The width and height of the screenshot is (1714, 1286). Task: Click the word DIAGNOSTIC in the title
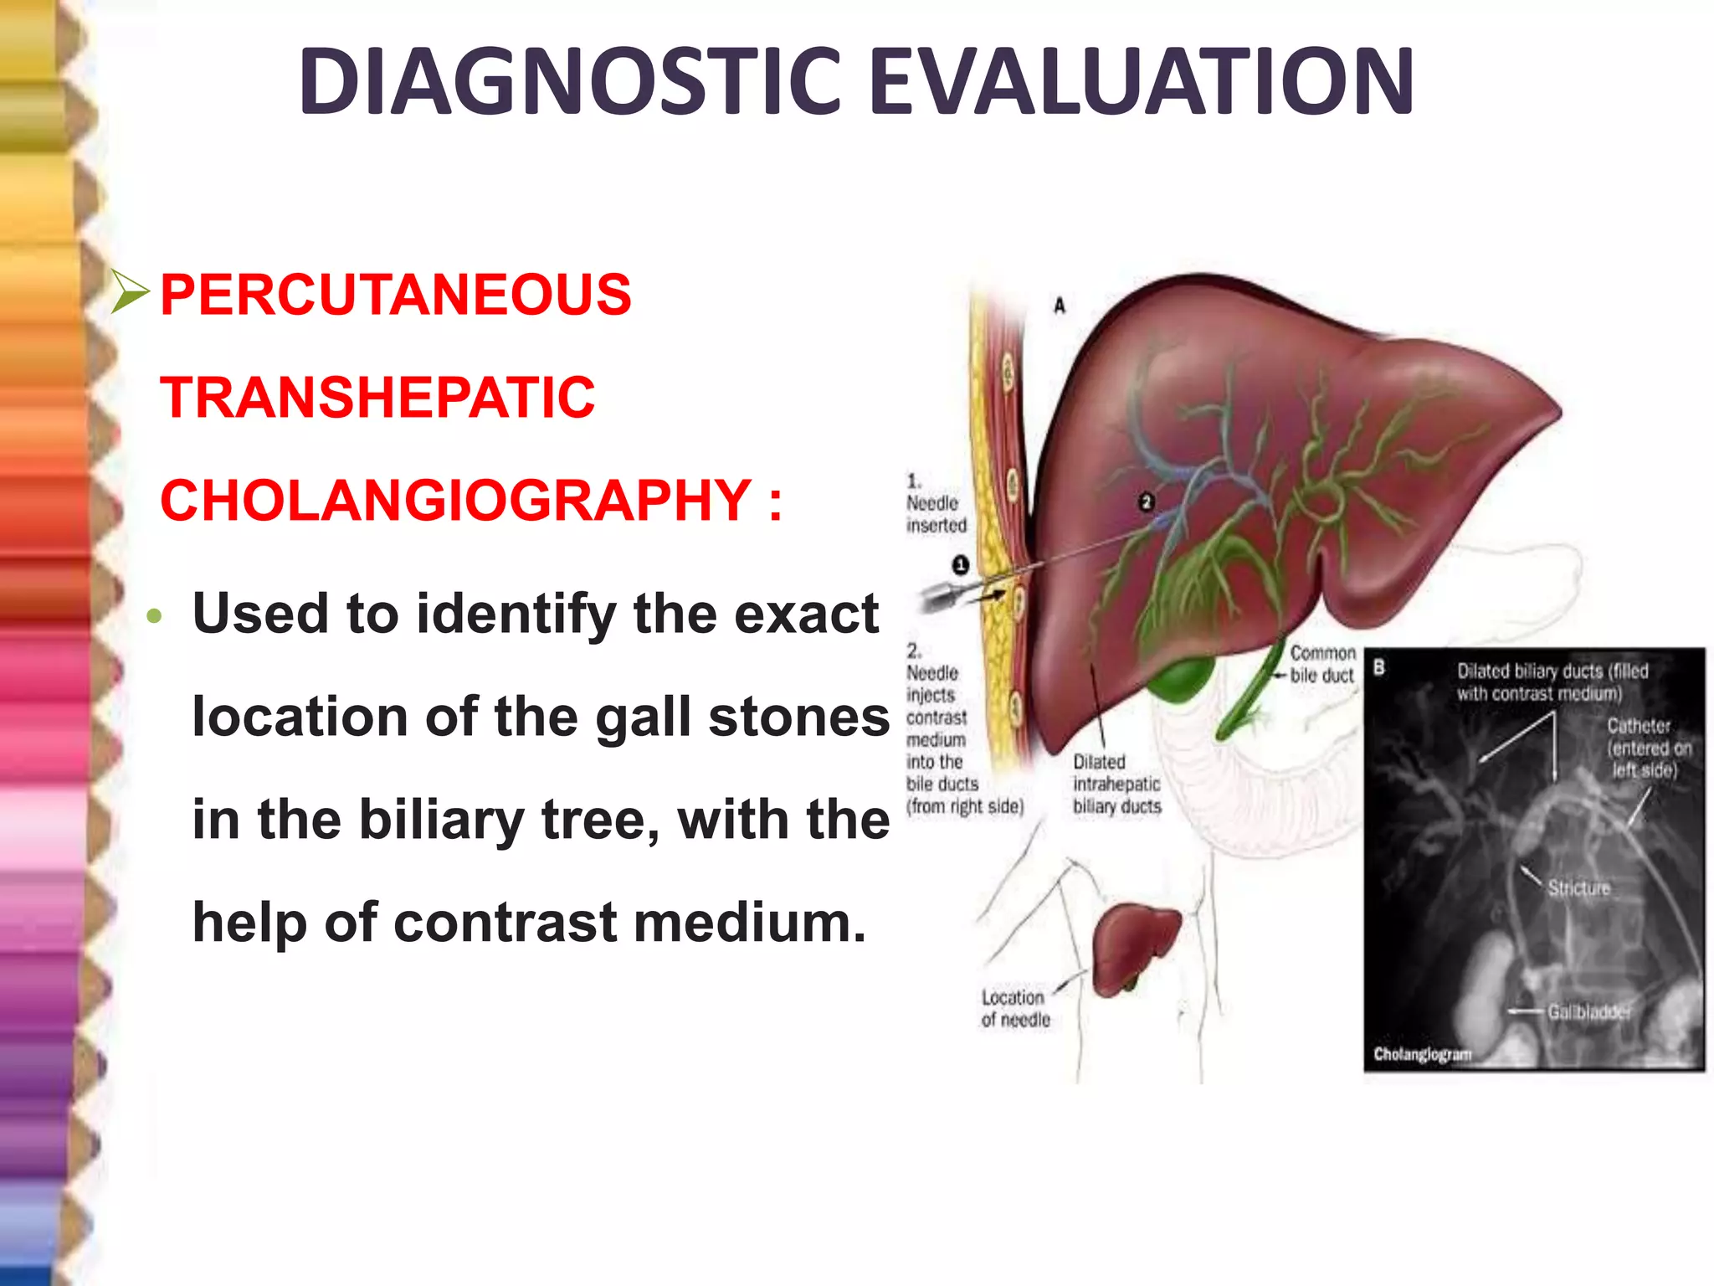coord(570,81)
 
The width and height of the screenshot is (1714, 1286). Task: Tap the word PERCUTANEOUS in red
coord(395,295)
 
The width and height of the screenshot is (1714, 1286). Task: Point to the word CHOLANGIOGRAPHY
coord(455,500)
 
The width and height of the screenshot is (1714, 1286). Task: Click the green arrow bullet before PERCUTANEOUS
coord(130,293)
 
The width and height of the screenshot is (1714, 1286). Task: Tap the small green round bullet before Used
coord(152,617)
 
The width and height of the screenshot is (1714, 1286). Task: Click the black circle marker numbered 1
coord(961,565)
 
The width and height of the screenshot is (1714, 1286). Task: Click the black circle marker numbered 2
coord(1147,502)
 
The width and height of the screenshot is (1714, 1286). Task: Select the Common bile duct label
coord(1321,664)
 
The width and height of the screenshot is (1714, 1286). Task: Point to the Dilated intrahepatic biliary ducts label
coord(1116,784)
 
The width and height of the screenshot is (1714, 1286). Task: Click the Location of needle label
coord(1015,1008)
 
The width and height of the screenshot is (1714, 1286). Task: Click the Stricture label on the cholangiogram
coord(1578,887)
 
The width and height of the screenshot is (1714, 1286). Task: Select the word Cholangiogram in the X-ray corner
coord(1422,1054)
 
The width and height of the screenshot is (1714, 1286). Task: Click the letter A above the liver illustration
coord(1060,306)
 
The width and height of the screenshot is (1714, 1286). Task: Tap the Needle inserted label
coord(936,513)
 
